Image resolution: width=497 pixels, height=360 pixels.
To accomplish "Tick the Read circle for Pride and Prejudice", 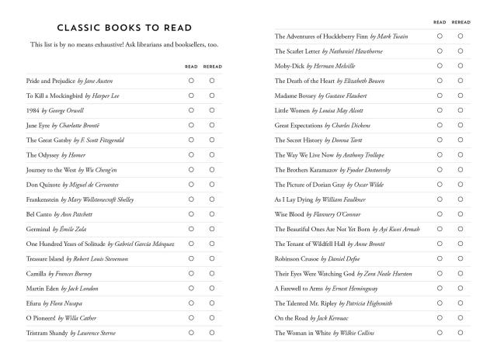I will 191,80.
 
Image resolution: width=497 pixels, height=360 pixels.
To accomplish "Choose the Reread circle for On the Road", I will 461,318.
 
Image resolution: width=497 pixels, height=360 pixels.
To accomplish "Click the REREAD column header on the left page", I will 212,67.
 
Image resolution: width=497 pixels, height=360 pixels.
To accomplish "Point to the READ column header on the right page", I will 440,22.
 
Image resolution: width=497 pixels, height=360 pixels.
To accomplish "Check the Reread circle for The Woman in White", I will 461,333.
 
